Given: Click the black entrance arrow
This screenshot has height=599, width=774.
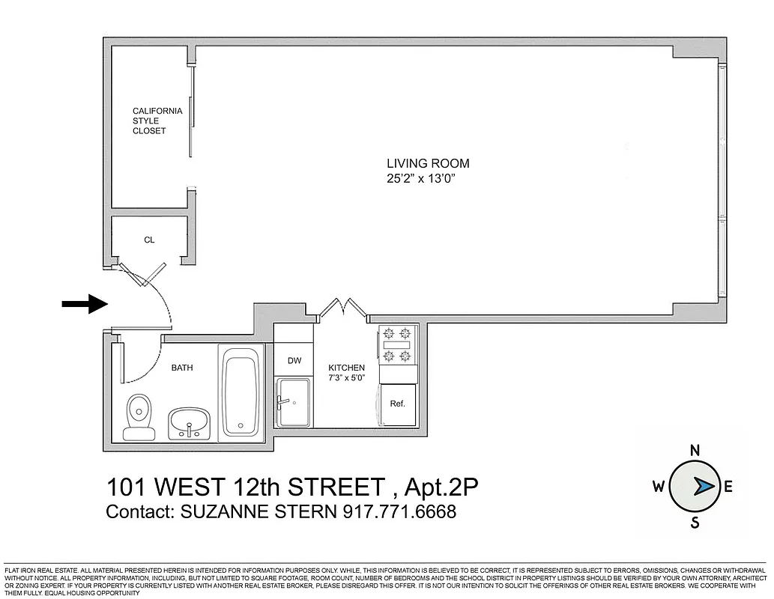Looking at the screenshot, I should point(84,303).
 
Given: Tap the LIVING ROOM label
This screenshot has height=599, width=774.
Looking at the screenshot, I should point(427,163).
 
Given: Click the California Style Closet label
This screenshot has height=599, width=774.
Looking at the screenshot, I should point(157,121).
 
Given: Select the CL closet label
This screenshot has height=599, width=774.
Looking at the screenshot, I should point(149,240).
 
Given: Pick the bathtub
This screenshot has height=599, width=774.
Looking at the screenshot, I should point(241,393).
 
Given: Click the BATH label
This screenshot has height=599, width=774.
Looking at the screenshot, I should point(182,368).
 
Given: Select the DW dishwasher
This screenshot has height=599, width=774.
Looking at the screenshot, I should point(294,361).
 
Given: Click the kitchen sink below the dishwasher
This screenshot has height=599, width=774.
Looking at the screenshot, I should point(294,401).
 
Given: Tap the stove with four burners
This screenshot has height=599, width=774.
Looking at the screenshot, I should point(397,344).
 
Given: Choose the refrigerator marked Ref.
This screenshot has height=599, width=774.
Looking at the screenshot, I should point(397,404).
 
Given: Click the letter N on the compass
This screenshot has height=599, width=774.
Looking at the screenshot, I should point(695,450).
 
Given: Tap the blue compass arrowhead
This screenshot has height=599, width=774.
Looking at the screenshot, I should point(704,487).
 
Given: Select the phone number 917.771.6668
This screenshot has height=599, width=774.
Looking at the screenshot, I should point(399,512).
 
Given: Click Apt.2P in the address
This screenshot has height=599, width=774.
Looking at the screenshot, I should point(441,487).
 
